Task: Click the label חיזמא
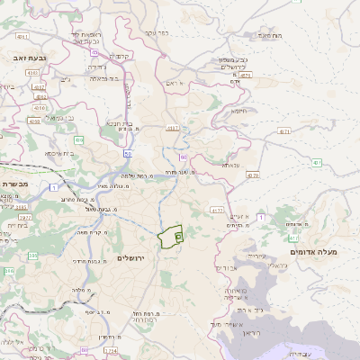[238, 112]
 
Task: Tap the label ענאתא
[231, 166]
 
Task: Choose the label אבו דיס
[230, 266]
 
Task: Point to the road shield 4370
[253, 175]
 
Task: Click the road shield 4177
[216, 210]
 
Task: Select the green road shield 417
[293, 238]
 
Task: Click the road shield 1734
[110, 350]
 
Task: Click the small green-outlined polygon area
[170, 237]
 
